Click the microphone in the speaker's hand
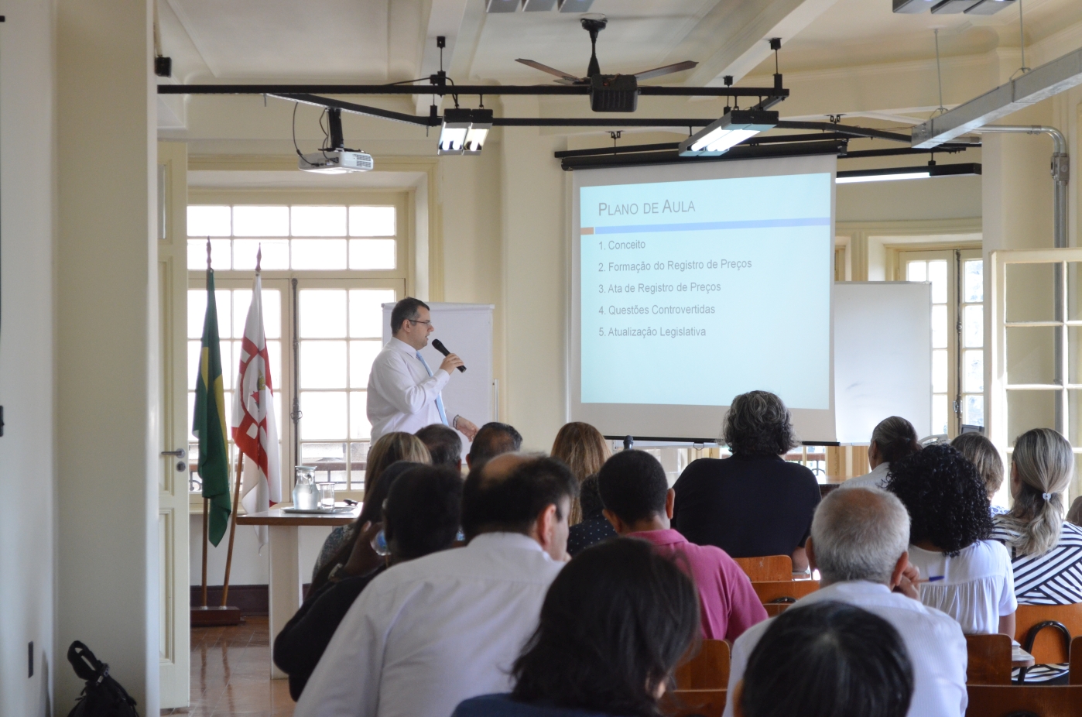tap(448, 355)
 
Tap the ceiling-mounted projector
tap(336, 161)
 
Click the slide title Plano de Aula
tap(646, 208)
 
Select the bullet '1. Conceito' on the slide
tap(621, 245)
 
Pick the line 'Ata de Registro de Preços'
tap(659, 288)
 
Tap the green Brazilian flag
tap(211, 406)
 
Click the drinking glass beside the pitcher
tap(327, 496)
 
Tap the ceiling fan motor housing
tap(614, 92)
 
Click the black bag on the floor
tap(99, 681)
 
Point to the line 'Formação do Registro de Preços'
tap(675, 266)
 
